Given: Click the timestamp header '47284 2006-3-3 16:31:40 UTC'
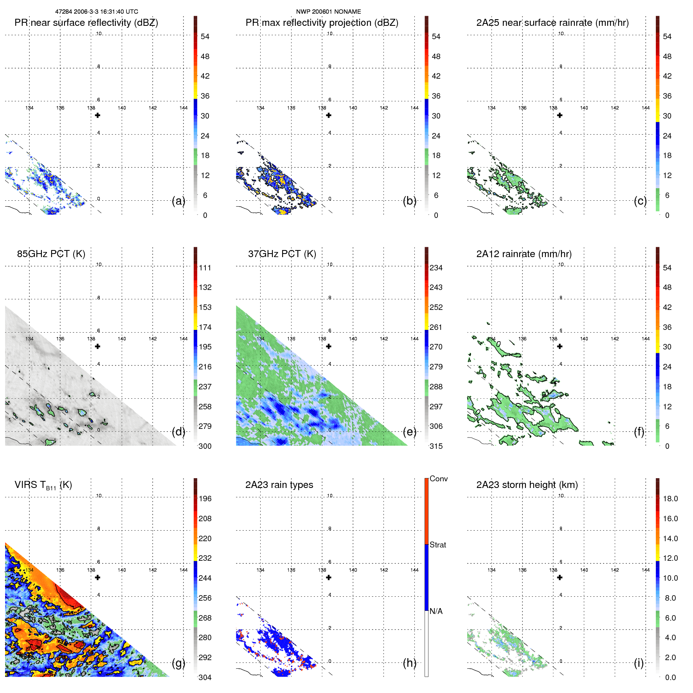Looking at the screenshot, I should coord(97,12).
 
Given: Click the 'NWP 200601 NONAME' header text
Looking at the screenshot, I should coord(328,12).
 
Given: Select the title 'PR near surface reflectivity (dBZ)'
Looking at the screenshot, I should coord(86,23).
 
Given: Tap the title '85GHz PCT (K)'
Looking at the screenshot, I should coord(51,254).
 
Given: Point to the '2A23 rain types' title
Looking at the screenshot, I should coord(279,485).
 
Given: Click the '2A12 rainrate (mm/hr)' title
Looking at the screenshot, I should coord(524,254).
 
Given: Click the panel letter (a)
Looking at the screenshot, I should coord(178,201).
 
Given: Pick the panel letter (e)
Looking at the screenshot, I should coord(410,432).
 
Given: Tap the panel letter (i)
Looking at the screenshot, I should coord(639,663).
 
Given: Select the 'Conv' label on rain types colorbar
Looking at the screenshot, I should coord(438,479).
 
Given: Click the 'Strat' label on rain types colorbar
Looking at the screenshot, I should coord(437,545).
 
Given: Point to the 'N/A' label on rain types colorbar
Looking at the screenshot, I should coord(436,611).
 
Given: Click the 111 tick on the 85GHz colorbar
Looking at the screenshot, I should coord(205,268).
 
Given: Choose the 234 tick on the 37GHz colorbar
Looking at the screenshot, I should coord(436,268).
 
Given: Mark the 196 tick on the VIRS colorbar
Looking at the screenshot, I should coord(205,499).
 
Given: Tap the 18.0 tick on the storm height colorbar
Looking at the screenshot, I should coord(670,499).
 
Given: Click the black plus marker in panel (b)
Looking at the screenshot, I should coord(329,115).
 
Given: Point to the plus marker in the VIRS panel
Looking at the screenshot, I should coord(98,578).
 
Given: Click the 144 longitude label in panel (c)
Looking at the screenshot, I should coord(646,108).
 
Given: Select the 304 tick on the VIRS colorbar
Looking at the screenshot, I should coord(205,677).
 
